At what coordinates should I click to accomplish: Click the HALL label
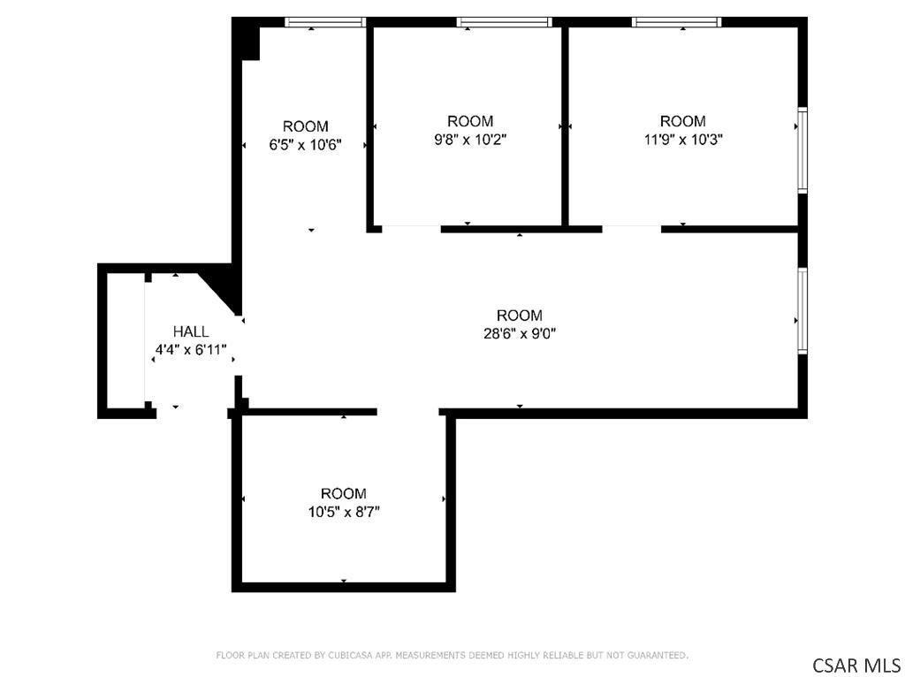tap(191, 331)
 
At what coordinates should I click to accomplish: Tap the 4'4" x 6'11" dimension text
tap(191, 350)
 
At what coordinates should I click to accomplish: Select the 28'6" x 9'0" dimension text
tap(520, 333)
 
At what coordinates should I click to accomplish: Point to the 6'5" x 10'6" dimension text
tap(305, 144)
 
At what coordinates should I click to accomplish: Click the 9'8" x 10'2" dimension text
tap(470, 139)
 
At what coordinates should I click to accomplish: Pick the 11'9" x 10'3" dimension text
tap(683, 139)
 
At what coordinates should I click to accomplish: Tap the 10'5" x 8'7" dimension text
tap(344, 512)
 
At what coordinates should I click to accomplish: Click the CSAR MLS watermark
tap(856, 665)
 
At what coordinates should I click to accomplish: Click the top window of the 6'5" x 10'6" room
tap(325, 22)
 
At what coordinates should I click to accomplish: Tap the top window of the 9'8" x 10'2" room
tap(504, 22)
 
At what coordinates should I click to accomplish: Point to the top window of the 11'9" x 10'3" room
tap(676, 22)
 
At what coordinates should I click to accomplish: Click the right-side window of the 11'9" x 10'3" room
tap(802, 148)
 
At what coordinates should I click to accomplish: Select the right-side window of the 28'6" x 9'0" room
tap(802, 310)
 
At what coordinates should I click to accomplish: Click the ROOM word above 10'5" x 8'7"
tap(344, 493)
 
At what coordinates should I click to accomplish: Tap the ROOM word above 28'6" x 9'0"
tap(520, 316)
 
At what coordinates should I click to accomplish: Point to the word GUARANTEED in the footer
tap(658, 655)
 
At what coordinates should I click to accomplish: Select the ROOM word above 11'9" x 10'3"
tap(683, 121)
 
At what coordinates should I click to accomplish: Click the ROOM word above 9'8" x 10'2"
tap(470, 121)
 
